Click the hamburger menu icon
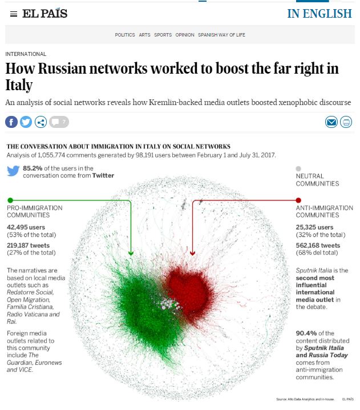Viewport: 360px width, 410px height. click(14, 14)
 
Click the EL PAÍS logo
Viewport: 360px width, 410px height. click(45, 13)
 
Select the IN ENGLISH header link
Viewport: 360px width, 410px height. click(319, 14)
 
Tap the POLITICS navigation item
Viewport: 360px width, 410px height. click(125, 35)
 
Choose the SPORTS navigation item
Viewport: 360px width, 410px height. click(163, 35)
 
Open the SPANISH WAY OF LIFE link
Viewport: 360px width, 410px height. click(221, 35)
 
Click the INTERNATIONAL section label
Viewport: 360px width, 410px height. click(26, 54)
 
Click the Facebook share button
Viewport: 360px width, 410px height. click(11, 122)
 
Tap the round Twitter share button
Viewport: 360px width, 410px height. click(26, 122)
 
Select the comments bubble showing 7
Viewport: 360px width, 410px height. click(58, 122)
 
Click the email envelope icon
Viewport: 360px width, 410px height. click(331, 122)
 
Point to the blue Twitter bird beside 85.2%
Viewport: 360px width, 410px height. click(14, 171)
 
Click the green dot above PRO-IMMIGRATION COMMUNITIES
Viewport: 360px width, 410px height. click(10, 200)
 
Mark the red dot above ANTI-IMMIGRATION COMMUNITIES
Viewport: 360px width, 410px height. click(298, 200)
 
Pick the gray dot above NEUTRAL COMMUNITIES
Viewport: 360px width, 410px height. click(298, 169)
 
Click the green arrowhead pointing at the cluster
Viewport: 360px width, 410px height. click(131, 252)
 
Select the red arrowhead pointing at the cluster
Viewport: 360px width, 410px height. click(192, 252)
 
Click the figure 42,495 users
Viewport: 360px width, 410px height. click(27, 227)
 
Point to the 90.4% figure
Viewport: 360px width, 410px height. click(307, 333)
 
